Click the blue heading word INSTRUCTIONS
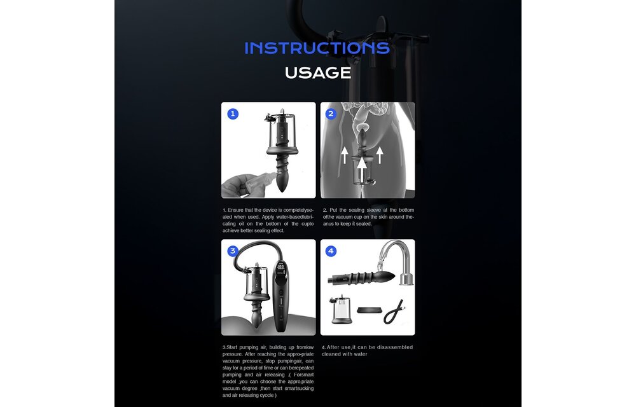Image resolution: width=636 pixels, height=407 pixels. point(317,48)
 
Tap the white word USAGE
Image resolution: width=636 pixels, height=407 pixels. point(318,73)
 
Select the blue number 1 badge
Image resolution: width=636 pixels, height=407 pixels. point(232,114)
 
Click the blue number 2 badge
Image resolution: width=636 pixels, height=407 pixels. point(331,114)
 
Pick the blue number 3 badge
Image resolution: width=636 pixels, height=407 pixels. point(232,251)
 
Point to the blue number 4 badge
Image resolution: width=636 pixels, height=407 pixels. point(331,251)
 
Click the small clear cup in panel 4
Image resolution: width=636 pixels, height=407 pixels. point(342,310)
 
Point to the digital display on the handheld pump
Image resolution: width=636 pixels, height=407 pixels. point(280,268)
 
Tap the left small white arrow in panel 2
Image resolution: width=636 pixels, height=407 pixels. point(344,155)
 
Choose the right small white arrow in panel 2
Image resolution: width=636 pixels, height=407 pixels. point(380,155)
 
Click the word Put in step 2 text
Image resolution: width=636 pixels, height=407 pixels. point(333,210)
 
